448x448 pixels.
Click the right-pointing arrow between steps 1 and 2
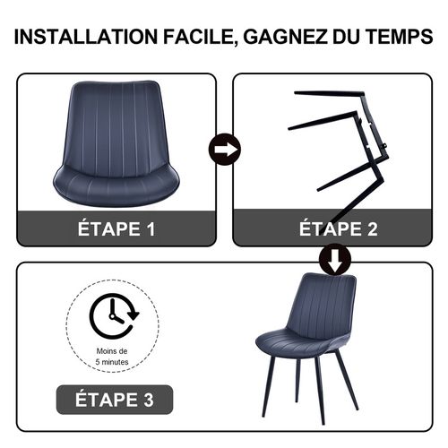(224, 149)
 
